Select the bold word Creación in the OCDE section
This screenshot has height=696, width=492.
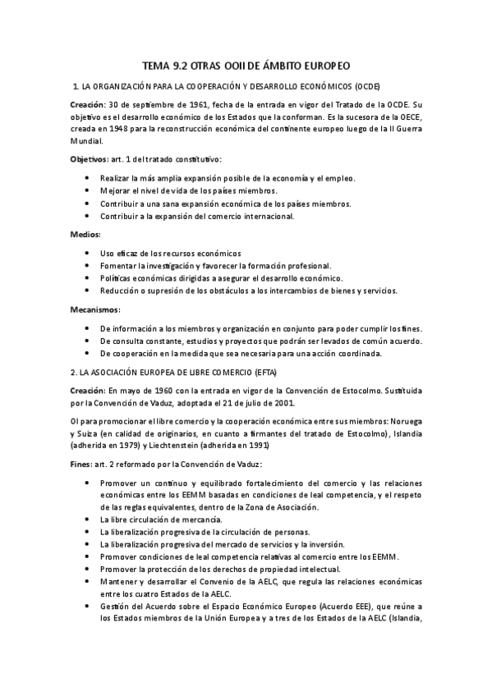tap(85, 104)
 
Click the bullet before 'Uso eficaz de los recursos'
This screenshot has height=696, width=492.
tap(87, 253)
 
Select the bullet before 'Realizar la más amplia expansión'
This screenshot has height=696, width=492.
tap(87, 177)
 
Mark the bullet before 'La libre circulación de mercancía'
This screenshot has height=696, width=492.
tap(87, 520)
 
